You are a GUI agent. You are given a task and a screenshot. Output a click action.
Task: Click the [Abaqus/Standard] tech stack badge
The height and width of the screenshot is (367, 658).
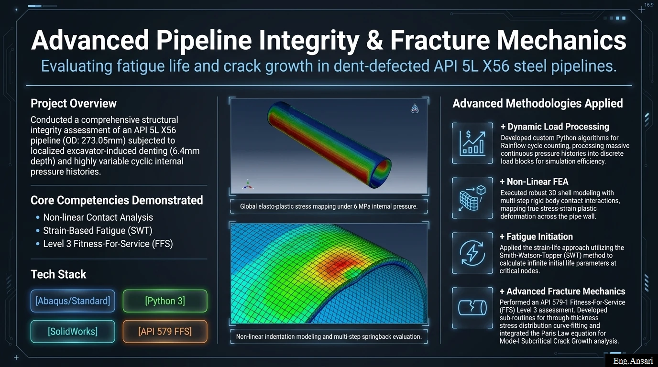73,301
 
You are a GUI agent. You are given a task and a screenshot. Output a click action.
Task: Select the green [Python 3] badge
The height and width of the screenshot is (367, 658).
165,301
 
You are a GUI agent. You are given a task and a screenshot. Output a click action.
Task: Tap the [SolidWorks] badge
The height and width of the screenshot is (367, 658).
73,332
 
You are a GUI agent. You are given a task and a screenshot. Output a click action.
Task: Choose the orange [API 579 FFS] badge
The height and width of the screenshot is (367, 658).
165,332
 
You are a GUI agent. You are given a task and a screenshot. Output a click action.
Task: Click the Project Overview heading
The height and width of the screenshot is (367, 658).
74,103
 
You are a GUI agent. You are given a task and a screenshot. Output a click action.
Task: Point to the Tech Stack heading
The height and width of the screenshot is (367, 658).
58,274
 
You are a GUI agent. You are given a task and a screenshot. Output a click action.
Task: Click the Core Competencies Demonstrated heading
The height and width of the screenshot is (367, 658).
117,200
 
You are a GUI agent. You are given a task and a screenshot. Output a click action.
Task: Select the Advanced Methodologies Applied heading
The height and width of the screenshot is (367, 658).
537,103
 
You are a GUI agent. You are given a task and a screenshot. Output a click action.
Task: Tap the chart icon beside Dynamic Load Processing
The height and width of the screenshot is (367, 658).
472,143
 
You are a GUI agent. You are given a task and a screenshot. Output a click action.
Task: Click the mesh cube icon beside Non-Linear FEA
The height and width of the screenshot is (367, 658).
472,198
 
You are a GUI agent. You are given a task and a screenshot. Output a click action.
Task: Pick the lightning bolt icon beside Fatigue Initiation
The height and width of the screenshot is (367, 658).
472,253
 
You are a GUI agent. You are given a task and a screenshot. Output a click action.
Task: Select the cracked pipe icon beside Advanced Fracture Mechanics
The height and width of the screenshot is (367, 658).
472,308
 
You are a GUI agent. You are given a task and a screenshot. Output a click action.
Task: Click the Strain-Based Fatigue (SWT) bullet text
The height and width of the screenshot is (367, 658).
98,230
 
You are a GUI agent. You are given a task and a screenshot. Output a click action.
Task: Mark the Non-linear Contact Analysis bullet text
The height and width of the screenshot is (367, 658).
98,217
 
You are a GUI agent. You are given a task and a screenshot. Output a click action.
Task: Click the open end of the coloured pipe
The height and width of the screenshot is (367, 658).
380,173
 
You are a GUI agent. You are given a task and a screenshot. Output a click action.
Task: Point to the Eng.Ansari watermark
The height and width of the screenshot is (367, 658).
633,361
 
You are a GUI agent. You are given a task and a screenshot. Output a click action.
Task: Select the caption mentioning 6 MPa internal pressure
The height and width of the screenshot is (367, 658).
329,206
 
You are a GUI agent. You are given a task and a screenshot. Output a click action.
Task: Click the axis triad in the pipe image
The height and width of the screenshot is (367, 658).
248,184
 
